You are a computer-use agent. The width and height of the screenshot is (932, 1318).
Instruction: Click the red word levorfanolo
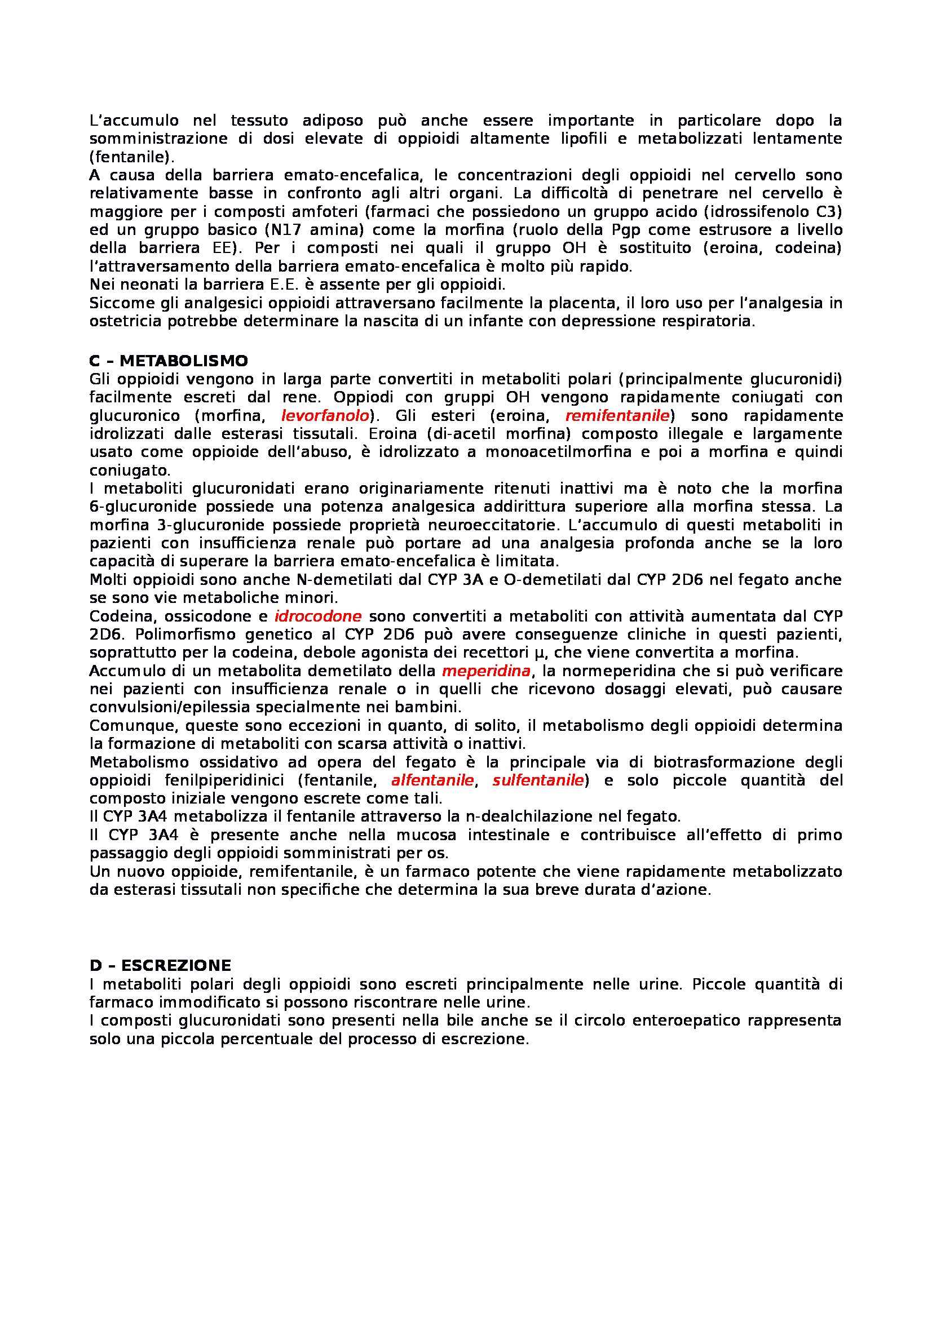pos(324,415)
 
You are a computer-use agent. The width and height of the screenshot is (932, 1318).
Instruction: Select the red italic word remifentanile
pos(617,415)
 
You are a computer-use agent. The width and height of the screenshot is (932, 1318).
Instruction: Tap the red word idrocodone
pos(317,616)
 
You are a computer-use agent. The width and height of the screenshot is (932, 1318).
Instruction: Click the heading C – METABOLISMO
pos(169,361)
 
